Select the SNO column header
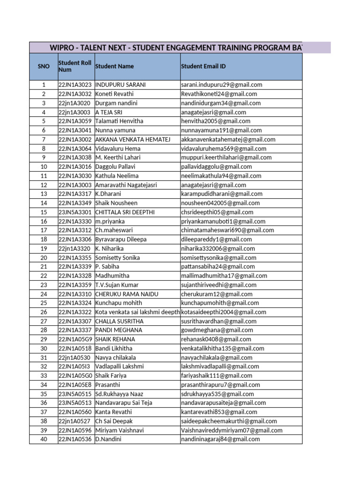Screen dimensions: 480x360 pos(43,67)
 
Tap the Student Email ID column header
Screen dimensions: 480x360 pos(203,67)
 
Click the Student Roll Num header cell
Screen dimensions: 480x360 pos(75,67)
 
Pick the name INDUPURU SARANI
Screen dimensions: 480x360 pos(120,85)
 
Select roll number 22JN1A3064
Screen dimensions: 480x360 pos(75,149)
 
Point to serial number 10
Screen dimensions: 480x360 pos(44,167)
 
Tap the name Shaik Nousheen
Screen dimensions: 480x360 pos(116,203)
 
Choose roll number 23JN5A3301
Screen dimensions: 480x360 pos(75,212)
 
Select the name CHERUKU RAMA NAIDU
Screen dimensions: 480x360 pos(127,294)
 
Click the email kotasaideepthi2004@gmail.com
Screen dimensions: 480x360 pos(224,312)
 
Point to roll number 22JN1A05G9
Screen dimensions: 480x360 pos(75,339)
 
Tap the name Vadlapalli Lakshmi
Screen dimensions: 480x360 pos(120,367)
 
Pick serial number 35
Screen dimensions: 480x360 pos(44,394)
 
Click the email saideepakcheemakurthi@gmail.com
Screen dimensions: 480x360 pos(229,421)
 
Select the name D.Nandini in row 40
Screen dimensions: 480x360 pos(108,440)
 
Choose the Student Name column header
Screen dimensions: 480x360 pos(114,67)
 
